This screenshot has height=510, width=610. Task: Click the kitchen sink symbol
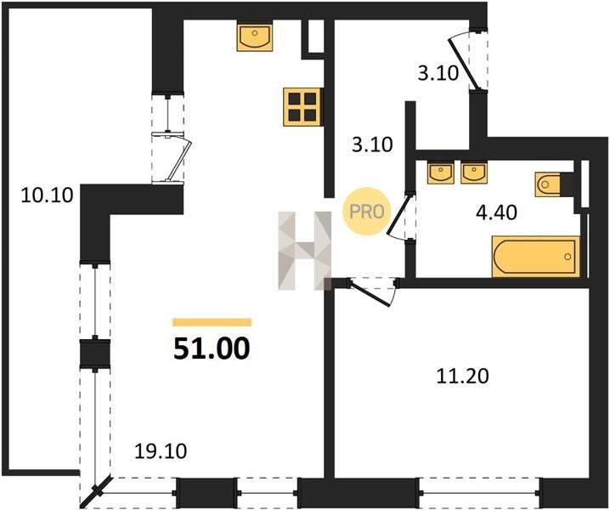[255, 37]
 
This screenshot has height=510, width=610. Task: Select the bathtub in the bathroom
[536, 257]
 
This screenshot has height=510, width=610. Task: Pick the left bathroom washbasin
[440, 173]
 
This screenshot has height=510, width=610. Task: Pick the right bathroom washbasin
[473, 173]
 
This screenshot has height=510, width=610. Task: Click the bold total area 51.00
[212, 348]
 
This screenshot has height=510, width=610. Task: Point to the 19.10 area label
[161, 451]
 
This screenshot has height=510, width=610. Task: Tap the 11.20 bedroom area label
[462, 377]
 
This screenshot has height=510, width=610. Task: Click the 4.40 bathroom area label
[497, 212]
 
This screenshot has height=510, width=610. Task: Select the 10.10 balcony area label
[47, 195]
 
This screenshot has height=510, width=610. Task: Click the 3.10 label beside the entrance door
[438, 73]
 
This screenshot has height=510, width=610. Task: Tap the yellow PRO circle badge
[366, 212]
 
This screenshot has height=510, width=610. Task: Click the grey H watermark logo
[305, 251]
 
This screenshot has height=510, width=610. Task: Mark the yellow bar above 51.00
[212, 322]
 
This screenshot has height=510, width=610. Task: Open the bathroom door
[398, 215]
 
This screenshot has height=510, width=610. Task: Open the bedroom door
[371, 292]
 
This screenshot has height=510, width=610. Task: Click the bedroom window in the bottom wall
[479, 493]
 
